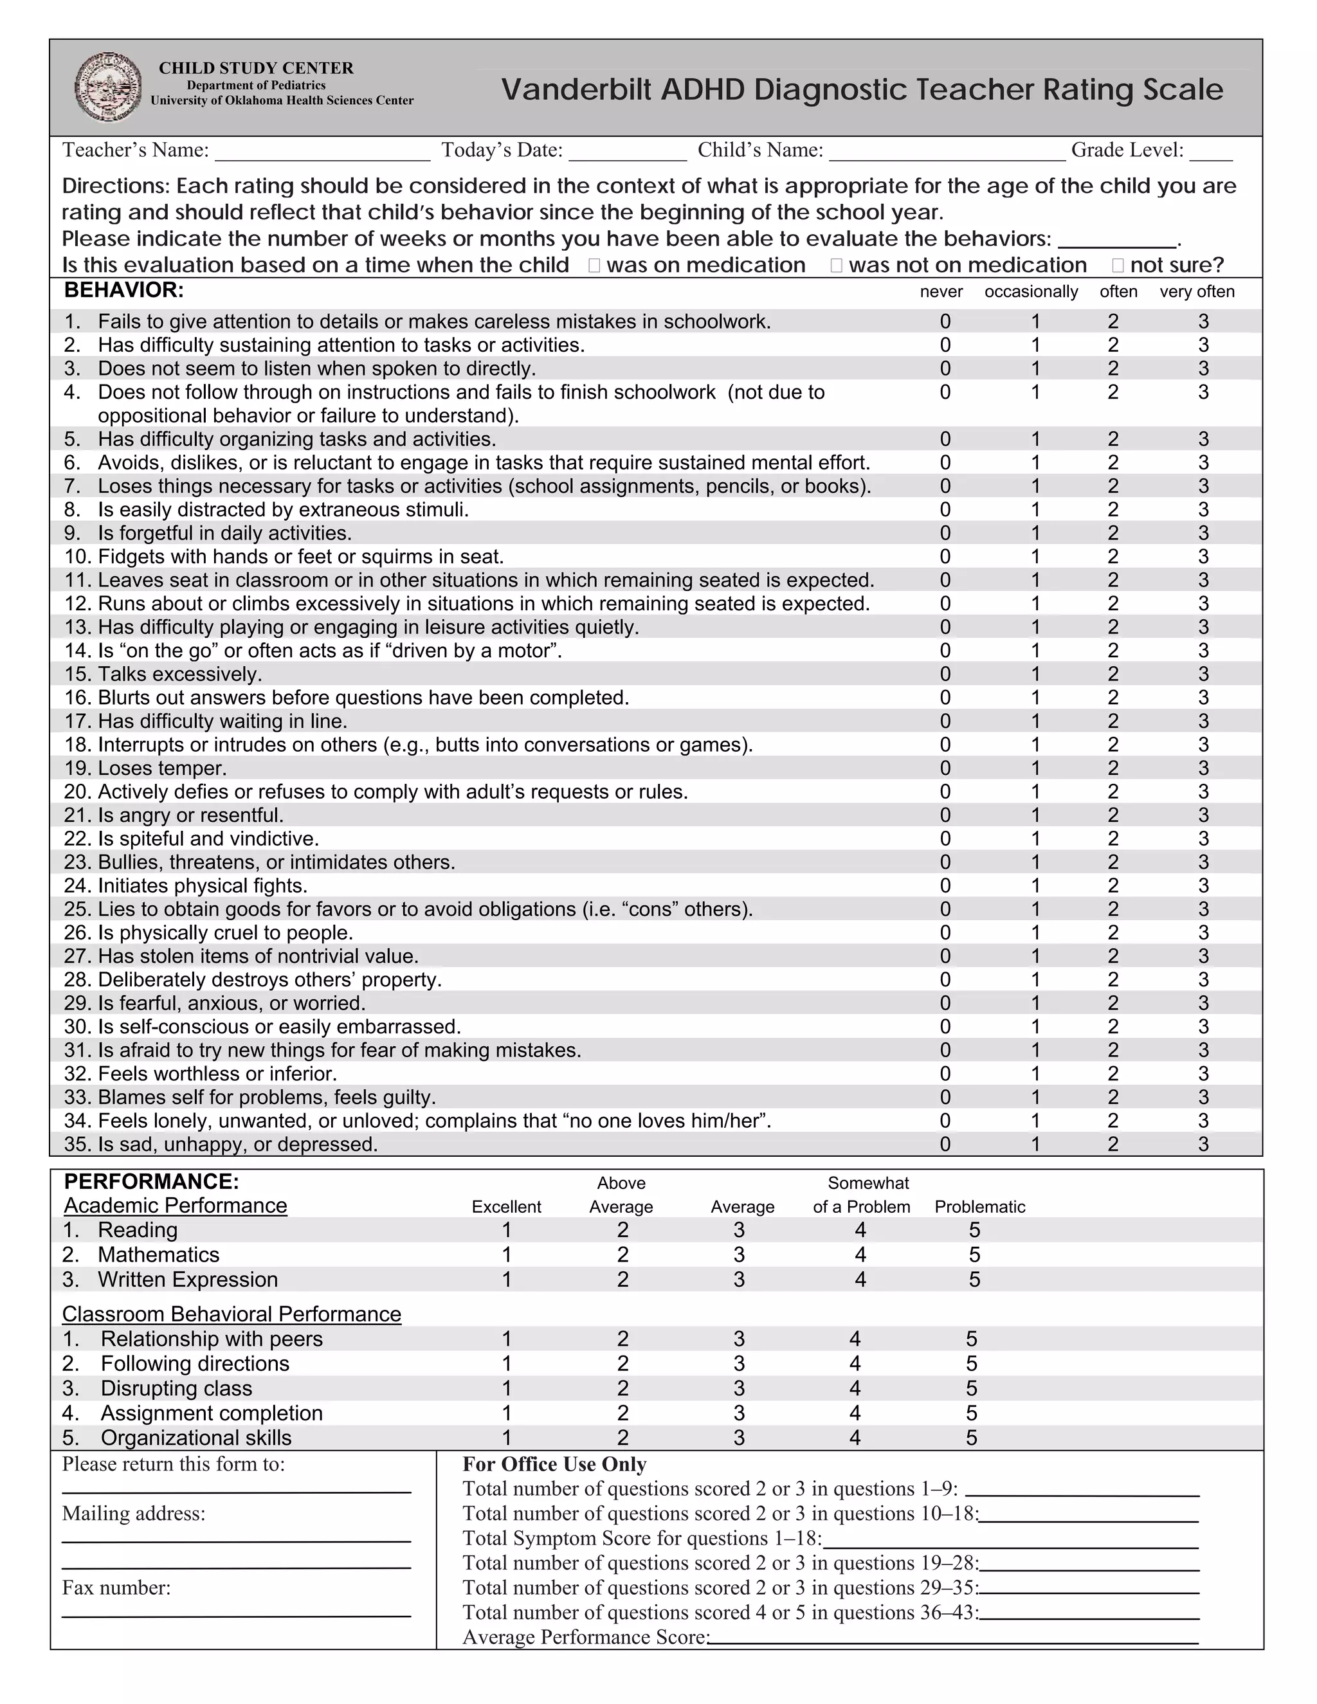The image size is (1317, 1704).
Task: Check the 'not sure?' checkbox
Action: click(1118, 266)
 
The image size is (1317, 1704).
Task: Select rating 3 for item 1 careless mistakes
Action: click(1203, 322)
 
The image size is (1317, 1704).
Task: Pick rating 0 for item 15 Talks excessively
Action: click(945, 674)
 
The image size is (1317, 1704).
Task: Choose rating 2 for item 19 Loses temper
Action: click(1113, 768)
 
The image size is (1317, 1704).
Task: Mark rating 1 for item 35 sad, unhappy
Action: click(1035, 1145)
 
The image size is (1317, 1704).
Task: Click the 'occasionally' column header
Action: click(1031, 292)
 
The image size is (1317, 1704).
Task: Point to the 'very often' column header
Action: click(1197, 292)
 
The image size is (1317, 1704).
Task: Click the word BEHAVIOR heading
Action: click(124, 290)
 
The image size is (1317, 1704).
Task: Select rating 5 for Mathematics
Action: click(974, 1255)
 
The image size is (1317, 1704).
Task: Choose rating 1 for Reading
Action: click(506, 1230)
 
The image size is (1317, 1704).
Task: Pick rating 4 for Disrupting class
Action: click(855, 1389)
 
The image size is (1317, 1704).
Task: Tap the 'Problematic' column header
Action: click(980, 1207)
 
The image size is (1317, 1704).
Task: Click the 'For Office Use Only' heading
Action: click(554, 1464)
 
